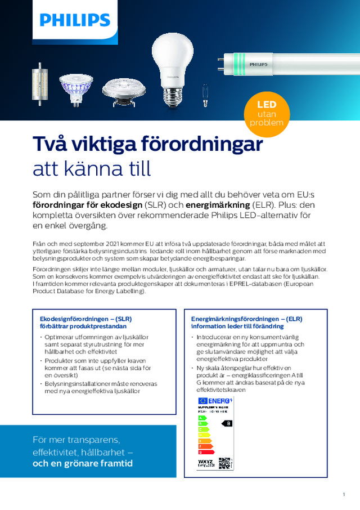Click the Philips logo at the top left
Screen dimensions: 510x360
75,21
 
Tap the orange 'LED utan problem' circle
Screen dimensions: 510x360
266,114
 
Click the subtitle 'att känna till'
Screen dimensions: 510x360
92,168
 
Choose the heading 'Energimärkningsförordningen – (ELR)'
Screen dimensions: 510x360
247,318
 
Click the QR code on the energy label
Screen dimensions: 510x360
224,463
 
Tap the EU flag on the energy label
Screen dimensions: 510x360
202,400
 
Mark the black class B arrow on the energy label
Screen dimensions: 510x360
227,423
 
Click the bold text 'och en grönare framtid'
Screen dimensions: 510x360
83,463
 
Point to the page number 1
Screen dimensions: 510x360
343,494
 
